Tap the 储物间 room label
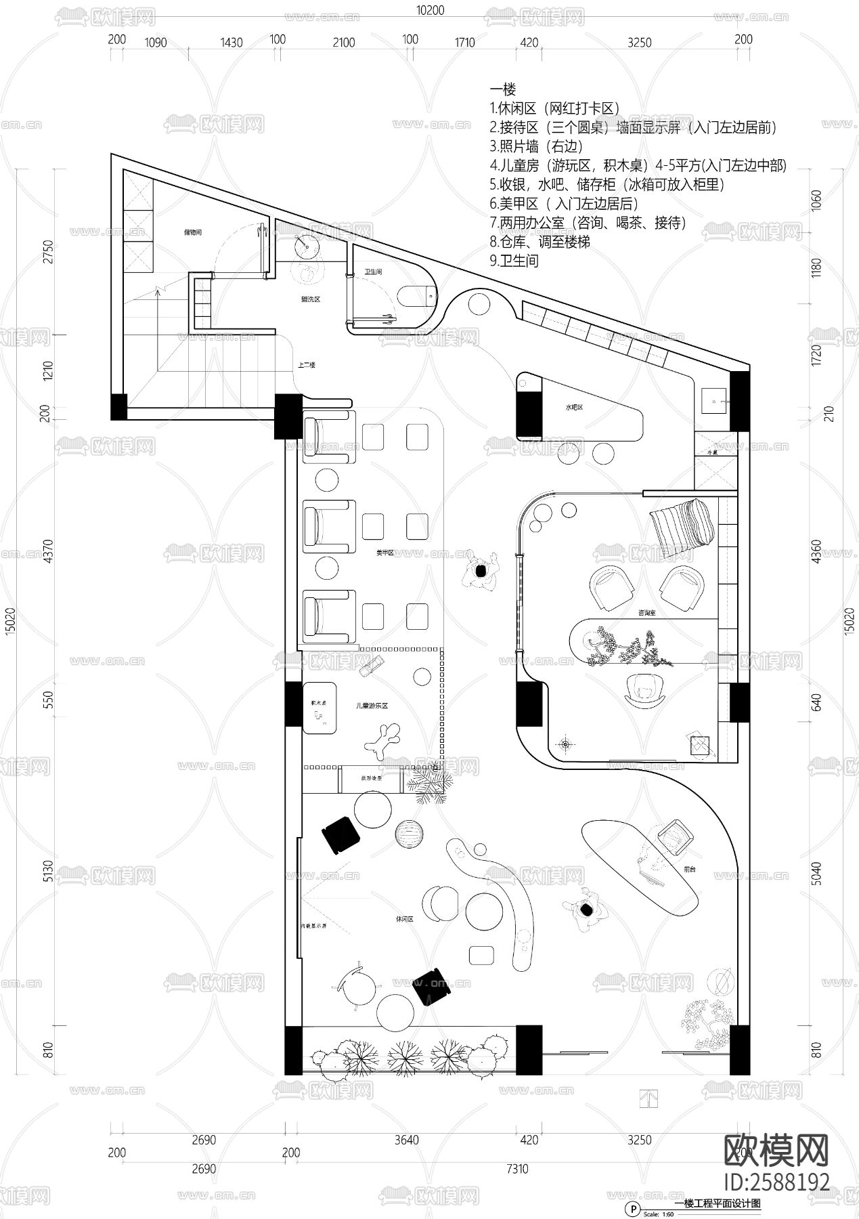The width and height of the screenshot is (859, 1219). click(193, 232)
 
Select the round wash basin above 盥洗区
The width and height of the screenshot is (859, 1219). click(307, 244)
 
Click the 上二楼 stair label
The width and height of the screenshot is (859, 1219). click(306, 365)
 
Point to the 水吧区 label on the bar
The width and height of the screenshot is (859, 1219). click(575, 408)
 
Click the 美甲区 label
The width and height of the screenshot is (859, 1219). click(384, 553)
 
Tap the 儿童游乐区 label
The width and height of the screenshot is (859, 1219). click(371, 706)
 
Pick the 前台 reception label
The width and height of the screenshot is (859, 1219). click(690, 868)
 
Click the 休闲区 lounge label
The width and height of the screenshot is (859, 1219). click(404, 920)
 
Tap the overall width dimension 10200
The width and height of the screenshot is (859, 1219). click(431, 9)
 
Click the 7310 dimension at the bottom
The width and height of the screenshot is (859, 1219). click(517, 1169)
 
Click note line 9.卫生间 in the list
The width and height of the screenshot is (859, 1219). click(514, 261)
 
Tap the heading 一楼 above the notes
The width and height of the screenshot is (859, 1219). click(502, 90)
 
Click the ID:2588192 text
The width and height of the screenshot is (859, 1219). click(776, 1182)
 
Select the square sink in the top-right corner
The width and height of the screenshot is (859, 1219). click(712, 400)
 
